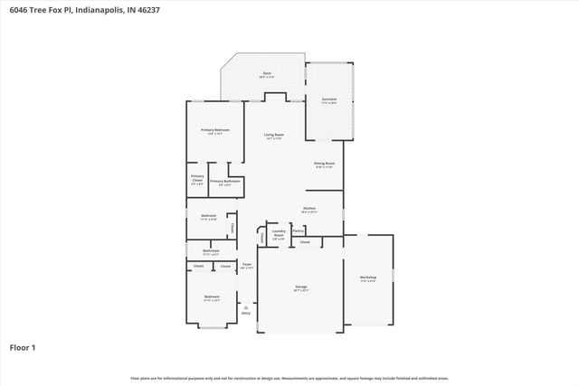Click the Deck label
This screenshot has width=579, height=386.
pyautogui.click(x=267, y=73)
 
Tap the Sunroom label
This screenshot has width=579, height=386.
pyautogui.click(x=329, y=99)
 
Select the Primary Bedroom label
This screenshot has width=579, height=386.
pyautogui.click(x=214, y=130)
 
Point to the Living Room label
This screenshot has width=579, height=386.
pyautogui.click(x=273, y=135)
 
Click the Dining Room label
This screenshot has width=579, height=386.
pyautogui.click(x=324, y=164)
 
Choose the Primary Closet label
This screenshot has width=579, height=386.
pyautogui.click(x=197, y=179)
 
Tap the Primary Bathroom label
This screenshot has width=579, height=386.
pyautogui.click(x=225, y=182)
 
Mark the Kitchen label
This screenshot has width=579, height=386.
pyautogui.click(x=308, y=208)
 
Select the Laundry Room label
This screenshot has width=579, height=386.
pyautogui.click(x=279, y=233)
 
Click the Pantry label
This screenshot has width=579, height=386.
pyautogui.click(x=298, y=231)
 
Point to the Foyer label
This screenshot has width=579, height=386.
pyautogui.click(x=245, y=264)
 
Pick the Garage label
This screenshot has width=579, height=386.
pyautogui.click(x=300, y=287)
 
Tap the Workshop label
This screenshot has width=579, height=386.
pyautogui.click(x=367, y=277)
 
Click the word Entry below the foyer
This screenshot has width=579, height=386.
pyautogui.click(x=245, y=314)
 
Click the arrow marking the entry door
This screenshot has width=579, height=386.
pyautogui.click(x=245, y=306)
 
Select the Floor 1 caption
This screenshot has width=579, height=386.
pyautogui.click(x=23, y=347)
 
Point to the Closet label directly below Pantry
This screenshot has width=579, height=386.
pyautogui.click(x=305, y=242)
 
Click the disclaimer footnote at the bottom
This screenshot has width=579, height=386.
pyautogui.click(x=289, y=378)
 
